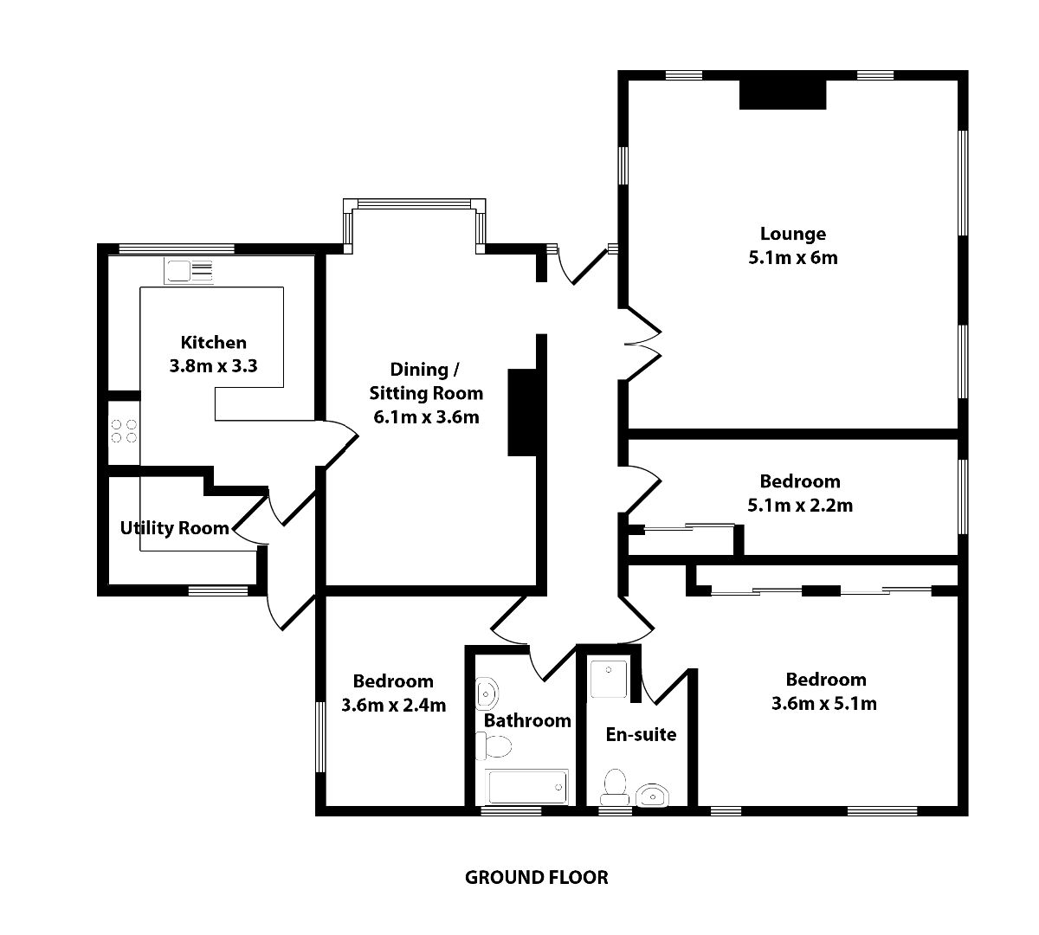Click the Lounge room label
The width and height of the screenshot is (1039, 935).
point(792,234)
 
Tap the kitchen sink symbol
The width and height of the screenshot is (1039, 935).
point(188,271)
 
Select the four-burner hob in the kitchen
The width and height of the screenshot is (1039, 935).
point(123,431)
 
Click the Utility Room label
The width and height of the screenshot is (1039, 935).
point(175,528)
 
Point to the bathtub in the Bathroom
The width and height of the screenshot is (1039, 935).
point(526,787)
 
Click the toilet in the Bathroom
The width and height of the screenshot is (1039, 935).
point(494,745)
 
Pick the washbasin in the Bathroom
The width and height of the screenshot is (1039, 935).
point(488,693)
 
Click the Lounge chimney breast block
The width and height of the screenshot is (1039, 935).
point(783,94)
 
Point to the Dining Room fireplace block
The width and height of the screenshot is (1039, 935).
point(524,411)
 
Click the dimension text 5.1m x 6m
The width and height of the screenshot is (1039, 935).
point(792,257)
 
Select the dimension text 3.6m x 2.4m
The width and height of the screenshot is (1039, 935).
point(393,705)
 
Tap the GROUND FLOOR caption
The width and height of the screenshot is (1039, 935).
point(537,878)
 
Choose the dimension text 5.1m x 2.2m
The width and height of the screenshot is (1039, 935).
point(799,506)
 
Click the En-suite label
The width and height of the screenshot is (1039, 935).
point(640,735)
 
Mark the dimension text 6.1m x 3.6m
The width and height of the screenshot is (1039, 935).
point(426,417)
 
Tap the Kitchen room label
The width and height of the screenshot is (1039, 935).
point(213,343)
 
